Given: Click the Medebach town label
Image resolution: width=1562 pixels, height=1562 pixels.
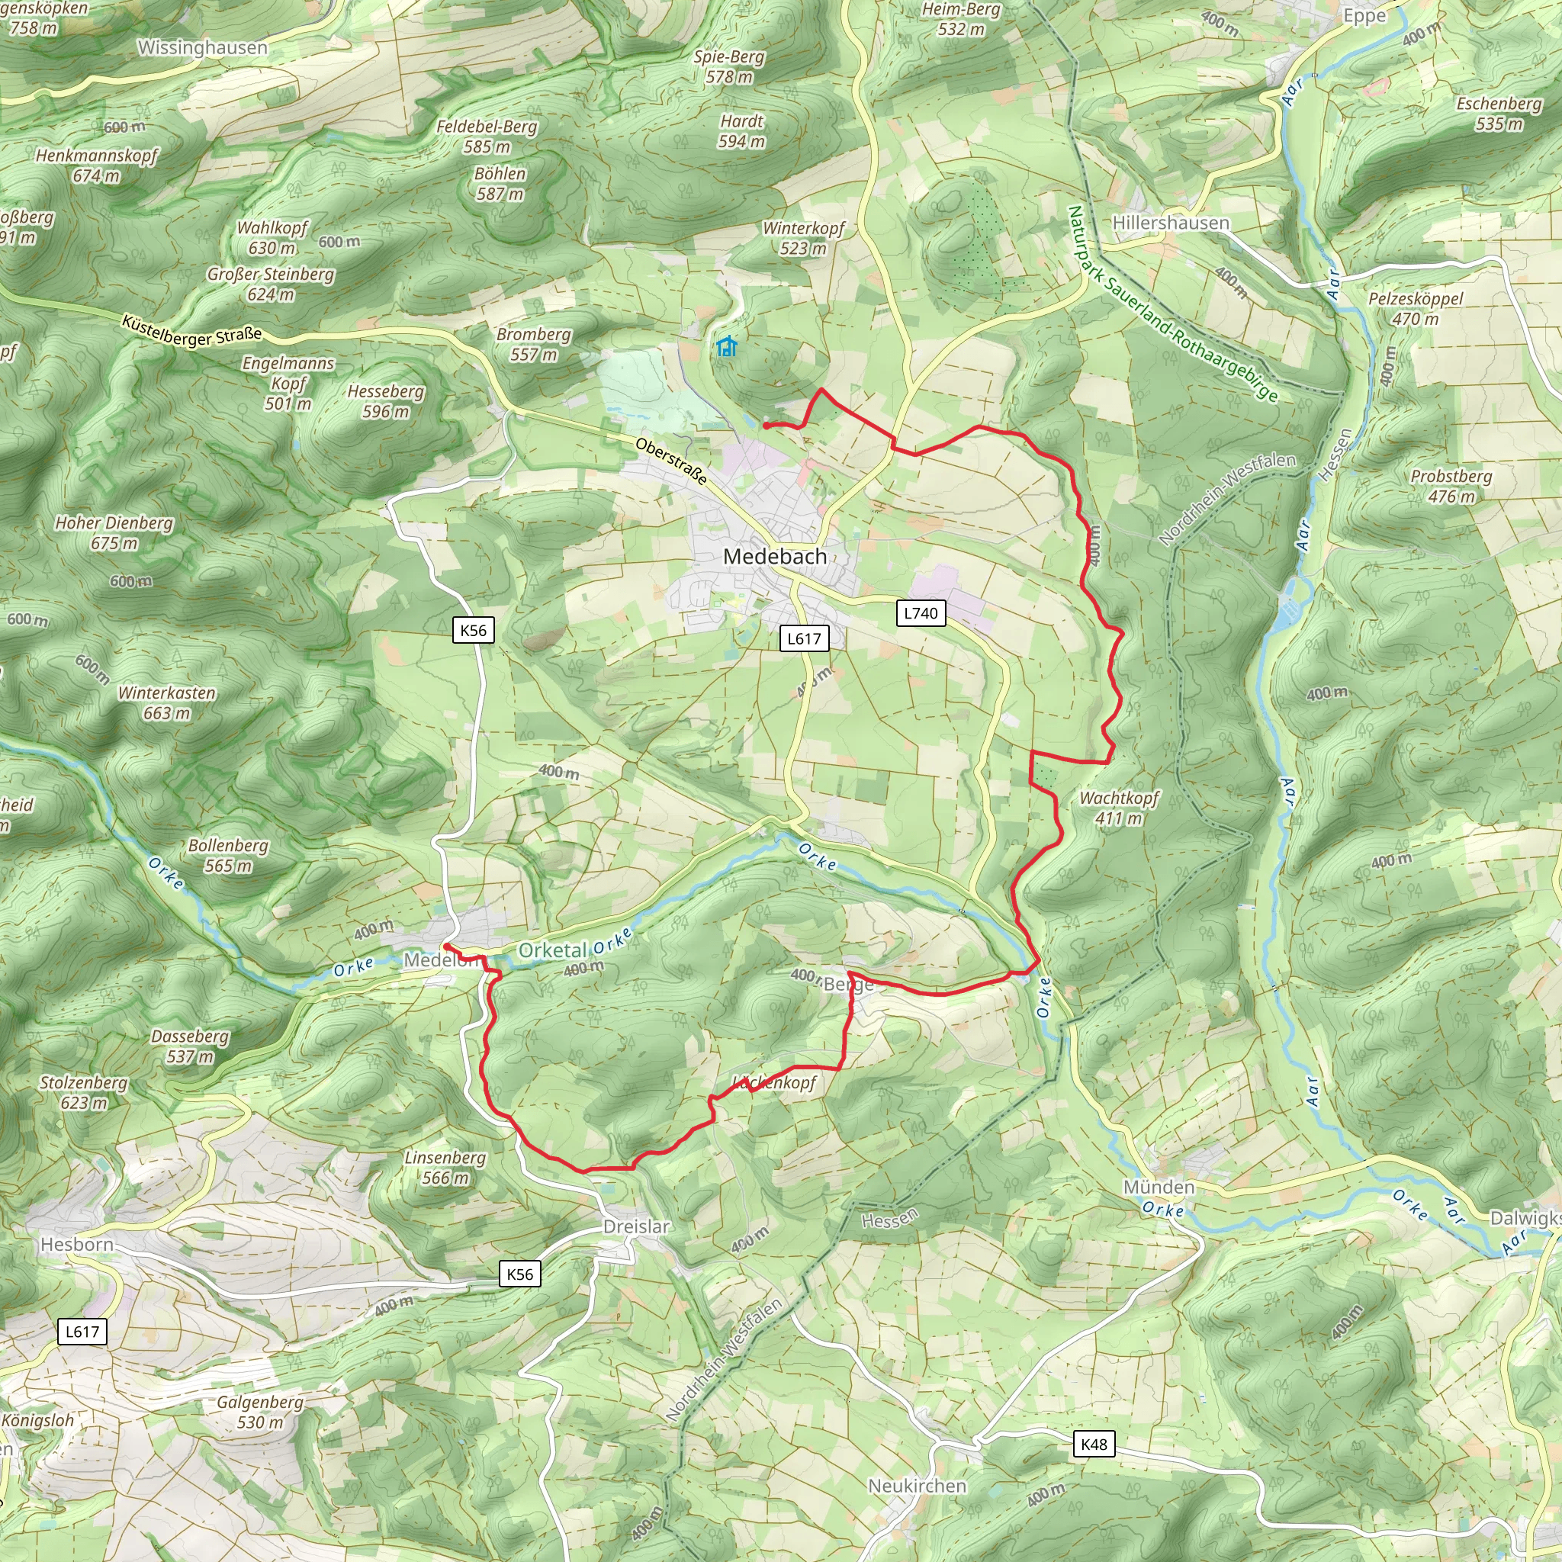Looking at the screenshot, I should pyautogui.click(x=775, y=556).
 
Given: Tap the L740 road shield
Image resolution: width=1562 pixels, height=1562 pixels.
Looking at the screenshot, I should pyautogui.click(x=921, y=613).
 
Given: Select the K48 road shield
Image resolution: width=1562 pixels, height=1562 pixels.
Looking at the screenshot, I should pyautogui.click(x=1093, y=1444).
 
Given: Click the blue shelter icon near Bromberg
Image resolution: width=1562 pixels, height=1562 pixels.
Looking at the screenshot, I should pyautogui.click(x=727, y=347).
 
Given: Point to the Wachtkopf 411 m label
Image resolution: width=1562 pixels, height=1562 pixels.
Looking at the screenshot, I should pyautogui.click(x=1119, y=808).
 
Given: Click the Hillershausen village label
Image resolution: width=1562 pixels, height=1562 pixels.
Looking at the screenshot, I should pyautogui.click(x=1170, y=223).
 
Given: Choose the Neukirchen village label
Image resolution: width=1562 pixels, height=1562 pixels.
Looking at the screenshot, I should pyautogui.click(x=917, y=1486).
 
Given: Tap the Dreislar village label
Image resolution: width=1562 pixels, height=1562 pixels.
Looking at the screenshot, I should pyautogui.click(x=636, y=1226).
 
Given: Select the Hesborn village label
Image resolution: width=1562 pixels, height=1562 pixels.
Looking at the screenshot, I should pyautogui.click(x=77, y=1244).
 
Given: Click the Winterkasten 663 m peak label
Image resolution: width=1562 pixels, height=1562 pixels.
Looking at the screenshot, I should pyautogui.click(x=166, y=702).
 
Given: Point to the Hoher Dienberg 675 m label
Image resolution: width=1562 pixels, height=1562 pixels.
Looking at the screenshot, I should pyautogui.click(x=114, y=533).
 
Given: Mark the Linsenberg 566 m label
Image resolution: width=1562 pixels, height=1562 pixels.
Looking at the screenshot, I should pyautogui.click(x=445, y=1168).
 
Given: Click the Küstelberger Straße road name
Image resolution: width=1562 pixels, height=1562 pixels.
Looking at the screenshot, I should pyautogui.click(x=191, y=331).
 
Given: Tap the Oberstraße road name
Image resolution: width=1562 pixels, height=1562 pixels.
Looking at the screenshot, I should pyautogui.click(x=671, y=461).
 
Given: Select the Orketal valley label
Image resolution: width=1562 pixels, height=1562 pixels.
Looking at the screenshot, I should pyautogui.click(x=552, y=950).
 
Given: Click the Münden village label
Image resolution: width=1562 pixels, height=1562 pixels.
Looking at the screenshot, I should pyautogui.click(x=1159, y=1187).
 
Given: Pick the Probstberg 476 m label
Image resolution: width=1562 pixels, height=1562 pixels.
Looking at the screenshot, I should pyautogui.click(x=1451, y=486).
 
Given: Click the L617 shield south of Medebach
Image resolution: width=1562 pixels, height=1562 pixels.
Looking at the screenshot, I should pyautogui.click(x=805, y=638).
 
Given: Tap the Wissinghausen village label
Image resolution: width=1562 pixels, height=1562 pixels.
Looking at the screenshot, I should pyautogui.click(x=202, y=48).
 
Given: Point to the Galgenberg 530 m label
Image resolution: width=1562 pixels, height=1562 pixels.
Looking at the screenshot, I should pyautogui.click(x=260, y=1412).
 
